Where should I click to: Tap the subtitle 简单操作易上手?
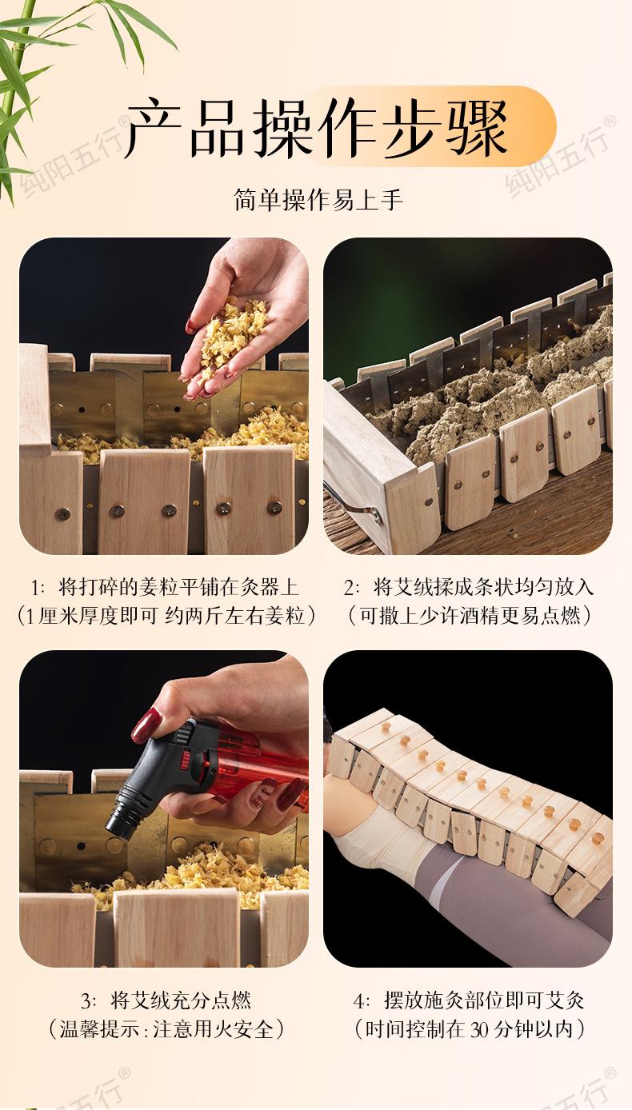click(318, 200)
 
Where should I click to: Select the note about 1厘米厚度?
click(166, 616)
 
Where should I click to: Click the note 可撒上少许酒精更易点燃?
click(470, 616)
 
